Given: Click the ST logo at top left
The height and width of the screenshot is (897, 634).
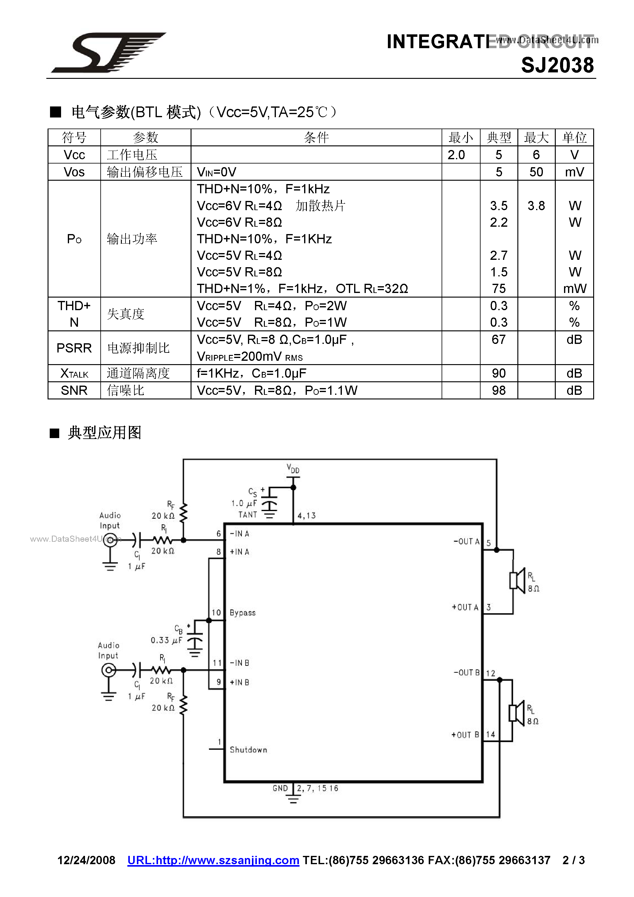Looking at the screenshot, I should [x=108, y=52].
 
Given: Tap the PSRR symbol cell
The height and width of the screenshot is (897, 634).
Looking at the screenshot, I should [x=74, y=348].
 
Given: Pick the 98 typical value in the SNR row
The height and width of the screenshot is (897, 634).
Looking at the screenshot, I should [x=499, y=390].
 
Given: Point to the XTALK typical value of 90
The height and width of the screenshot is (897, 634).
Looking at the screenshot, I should [x=499, y=373].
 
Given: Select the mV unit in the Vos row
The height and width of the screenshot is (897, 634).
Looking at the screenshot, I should [x=574, y=172].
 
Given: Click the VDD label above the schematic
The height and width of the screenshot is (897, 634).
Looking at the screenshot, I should [x=293, y=468].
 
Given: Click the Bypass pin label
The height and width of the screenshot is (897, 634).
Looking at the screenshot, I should [x=242, y=613].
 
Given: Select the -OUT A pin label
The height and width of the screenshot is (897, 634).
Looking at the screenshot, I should [x=466, y=541].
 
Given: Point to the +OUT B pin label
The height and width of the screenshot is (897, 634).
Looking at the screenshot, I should [x=465, y=735].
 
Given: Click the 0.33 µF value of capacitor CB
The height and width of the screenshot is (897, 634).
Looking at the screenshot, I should [x=166, y=640].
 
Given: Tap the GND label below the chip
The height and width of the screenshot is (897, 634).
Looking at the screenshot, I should [x=280, y=788].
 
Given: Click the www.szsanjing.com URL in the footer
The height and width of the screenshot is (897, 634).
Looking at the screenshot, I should [x=213, y=860].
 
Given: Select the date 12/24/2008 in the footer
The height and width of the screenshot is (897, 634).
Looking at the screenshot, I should [x=86, y=860].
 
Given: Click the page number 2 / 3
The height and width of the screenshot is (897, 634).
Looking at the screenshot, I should [x=574, y=860].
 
